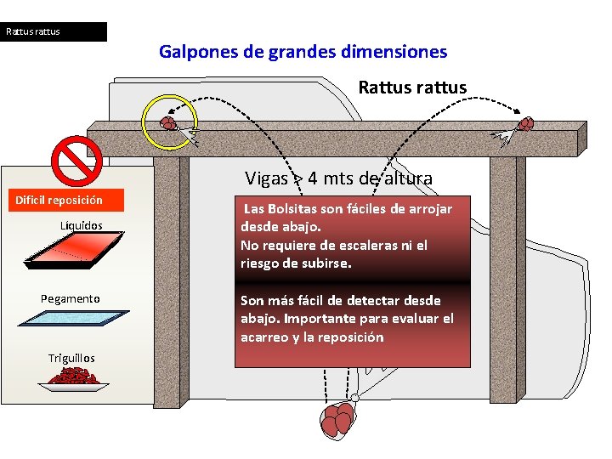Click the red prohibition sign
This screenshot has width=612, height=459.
click(77, 161)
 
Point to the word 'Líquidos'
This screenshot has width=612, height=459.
click(82, 225)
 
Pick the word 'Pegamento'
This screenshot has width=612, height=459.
click(71, 298)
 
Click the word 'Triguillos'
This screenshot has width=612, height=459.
click(71, 358)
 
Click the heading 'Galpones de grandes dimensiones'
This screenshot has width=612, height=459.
click(303, 52)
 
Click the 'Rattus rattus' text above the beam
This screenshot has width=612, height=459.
click(412, 88)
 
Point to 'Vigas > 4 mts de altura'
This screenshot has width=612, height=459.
click(338, 178)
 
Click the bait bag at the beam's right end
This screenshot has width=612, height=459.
click(527, 124)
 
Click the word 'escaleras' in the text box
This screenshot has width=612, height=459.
click(365, 245)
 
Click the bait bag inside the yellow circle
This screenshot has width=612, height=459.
click(168, 123)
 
